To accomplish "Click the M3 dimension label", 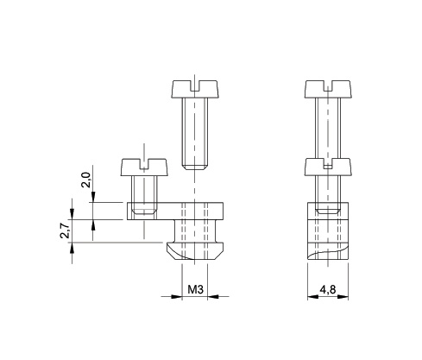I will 195,291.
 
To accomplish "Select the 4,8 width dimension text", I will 328,291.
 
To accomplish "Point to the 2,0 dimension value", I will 85,180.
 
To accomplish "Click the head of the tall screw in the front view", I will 198,88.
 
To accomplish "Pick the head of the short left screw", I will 143,165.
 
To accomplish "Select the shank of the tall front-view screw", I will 197,129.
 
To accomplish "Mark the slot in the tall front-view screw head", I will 198,83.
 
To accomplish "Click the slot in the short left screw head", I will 143,161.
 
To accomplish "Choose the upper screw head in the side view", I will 328,88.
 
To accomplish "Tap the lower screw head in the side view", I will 328,165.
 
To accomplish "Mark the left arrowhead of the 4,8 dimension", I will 312,297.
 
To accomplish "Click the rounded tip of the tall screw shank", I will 197,163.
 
